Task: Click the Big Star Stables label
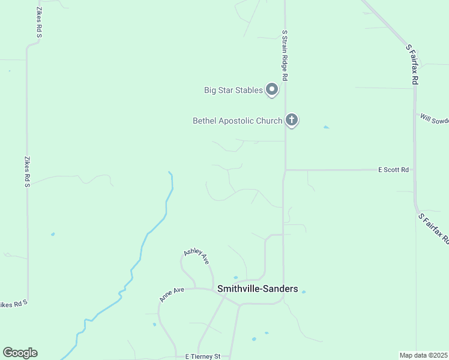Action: pyautogui.click(x=234, y=91)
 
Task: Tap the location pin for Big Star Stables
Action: pyautogui.click(x=272, y=89)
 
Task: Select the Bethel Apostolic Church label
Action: pyautogui.click(x=237, y=121)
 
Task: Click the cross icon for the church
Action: pyautogui.click(x=292, y=120)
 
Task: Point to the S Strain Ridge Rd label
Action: pyautogui.click(x=285, y=57)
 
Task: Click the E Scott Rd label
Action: pyautogui.click(x=393, y=170)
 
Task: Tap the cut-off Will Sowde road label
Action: pyautogui.click(x=435, y=119)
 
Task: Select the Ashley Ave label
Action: pyautogui.click(x=197, y=256)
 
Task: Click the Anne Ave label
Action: pyautogui.click(x=172, y=293)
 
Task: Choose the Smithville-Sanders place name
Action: pyautogui.click(x=258, y=289)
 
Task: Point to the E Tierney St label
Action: pyautogui.click(x=203, y=356)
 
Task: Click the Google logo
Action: pyautogui.click(x=20, y=353)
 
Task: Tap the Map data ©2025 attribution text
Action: pyautogui.click(x=424, y=355)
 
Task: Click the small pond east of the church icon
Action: pyautogui.click(x=326, y=127)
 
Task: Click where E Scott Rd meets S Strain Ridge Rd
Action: pyautogui.click(x=285, y=170)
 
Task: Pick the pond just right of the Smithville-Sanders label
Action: pyautogui.click(x=304, y=292)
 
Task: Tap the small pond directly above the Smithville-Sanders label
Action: pyautogui.click(x=235, y=278)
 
